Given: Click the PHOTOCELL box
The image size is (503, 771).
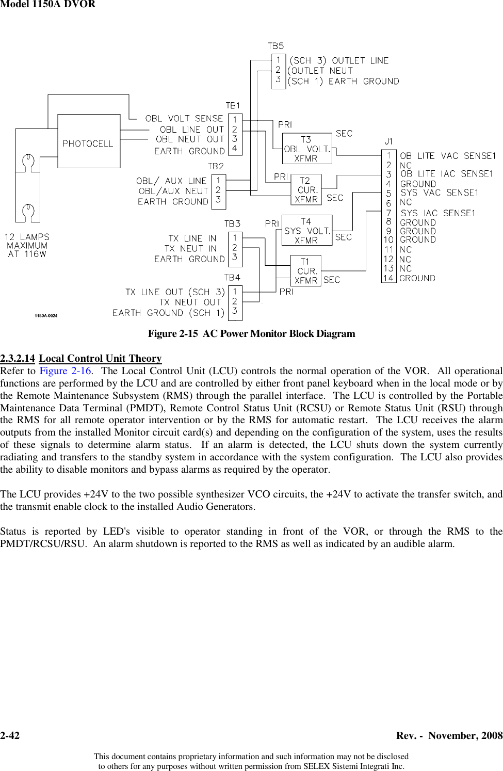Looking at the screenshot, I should (88, 141).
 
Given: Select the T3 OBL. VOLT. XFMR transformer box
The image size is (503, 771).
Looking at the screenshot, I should (306, 149).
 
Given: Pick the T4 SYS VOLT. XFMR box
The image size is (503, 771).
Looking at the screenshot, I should (306, 231).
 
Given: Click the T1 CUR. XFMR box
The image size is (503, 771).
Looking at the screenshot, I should (306, 271).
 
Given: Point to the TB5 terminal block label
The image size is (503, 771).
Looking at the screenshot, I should (276, 46).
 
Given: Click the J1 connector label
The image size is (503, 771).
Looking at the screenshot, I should (388, 141).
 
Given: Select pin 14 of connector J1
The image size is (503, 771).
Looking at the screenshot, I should (388, 278).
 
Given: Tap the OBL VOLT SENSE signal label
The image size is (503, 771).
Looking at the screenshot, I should (184, 119).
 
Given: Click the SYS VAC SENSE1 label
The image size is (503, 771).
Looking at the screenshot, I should (440, 192).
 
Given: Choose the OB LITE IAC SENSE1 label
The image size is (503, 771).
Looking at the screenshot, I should (447, 174).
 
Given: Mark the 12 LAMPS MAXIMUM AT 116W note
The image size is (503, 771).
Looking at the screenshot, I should (27, 246).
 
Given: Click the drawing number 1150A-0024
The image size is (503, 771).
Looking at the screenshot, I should (46, 315).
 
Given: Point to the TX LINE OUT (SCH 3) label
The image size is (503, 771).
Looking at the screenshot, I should (175, 292).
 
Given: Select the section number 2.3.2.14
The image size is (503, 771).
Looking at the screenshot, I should (18, 358).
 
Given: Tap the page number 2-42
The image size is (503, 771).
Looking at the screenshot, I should (10, 735).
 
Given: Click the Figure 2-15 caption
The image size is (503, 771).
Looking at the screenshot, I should (251, 333).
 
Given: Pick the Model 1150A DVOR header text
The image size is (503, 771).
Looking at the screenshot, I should (47, 5).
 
